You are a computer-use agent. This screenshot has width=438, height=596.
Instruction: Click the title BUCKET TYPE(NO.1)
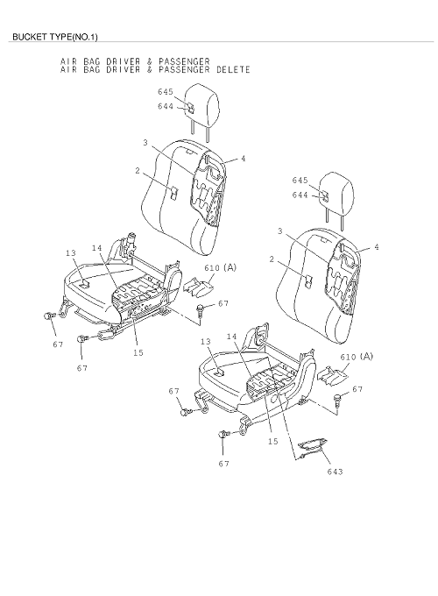[x=55, y=37]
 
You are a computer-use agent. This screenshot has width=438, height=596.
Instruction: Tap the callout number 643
[x=335, y=472]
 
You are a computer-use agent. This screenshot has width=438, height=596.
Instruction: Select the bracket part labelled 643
[x=312, y=445]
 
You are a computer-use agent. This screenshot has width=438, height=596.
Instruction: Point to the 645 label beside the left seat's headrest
[x=166, y=92]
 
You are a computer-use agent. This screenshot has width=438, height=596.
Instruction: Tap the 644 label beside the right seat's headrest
[x=300, y=195]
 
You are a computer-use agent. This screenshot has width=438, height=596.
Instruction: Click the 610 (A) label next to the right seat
[x=357, y=357]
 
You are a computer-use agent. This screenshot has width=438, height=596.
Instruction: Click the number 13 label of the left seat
[x=71, y=253]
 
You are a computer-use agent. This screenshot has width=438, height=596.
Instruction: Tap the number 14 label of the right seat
[x=231, y=337]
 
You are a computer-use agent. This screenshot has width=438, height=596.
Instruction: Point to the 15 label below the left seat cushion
[x=138, y=352]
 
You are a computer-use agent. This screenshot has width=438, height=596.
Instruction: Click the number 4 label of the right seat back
[x=377, y=247]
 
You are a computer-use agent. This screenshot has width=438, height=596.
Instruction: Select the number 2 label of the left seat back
[x=138, y=171]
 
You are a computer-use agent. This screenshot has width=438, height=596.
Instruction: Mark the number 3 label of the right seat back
[x=280, y=231]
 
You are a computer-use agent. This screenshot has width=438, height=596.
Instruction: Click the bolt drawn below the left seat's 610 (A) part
[x=201, y=309]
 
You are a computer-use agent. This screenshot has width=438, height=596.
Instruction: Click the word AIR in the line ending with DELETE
[x=66, y=69]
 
